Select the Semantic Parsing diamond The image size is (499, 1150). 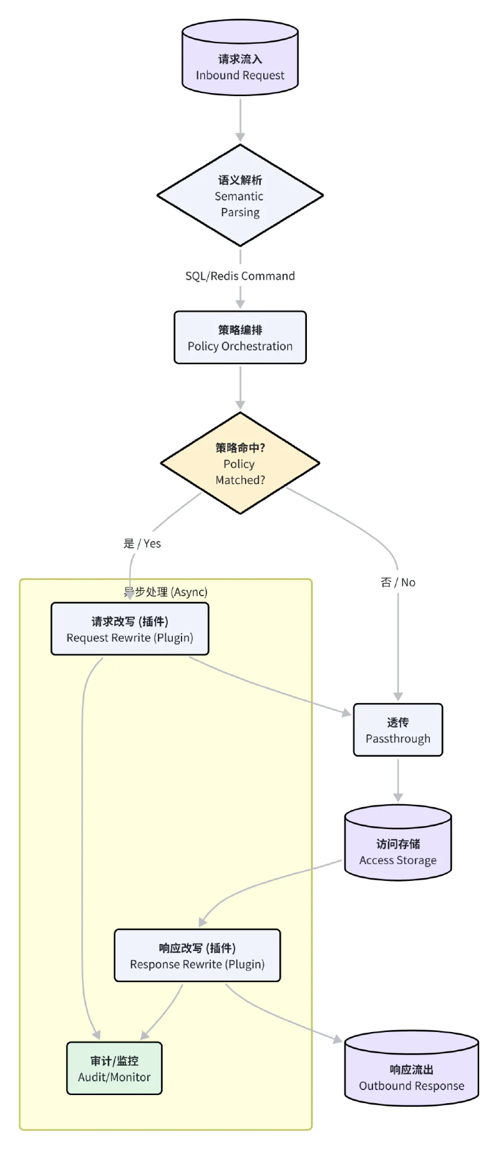click(x=240, y=195)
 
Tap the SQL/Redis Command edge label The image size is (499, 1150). click(x=240, y=276)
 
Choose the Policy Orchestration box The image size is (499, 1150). click(x=240, y=338)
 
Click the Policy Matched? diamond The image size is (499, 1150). click(x=240, y=463)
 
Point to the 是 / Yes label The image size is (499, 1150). click(x=142, y=544)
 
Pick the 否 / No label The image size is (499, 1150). click(x=398, y=582)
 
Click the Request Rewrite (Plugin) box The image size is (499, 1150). click(x=130, y=629)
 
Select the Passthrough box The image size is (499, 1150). click(x=398, y=730)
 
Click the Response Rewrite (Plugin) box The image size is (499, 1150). click(x=197, y=956)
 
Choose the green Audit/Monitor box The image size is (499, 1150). click(x=114, y=1069)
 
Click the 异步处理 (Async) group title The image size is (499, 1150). click(x=166, y=592)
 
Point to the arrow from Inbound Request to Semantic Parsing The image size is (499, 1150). click(x=240, y=119)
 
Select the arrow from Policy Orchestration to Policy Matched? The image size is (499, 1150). click(x=240, y=387)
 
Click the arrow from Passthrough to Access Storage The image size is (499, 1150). click(x=398, y=779)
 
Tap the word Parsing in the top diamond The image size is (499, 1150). click(x=240, y=212)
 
